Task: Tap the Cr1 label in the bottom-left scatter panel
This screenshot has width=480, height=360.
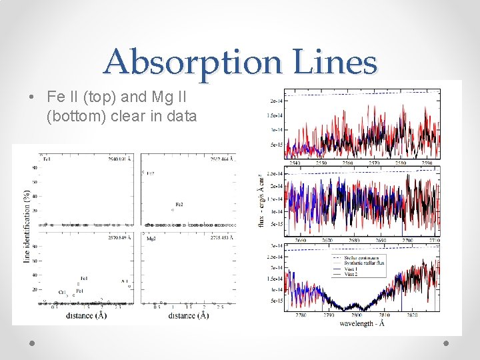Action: [62, 292]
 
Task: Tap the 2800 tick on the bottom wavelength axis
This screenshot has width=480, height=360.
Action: [357, 315]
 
